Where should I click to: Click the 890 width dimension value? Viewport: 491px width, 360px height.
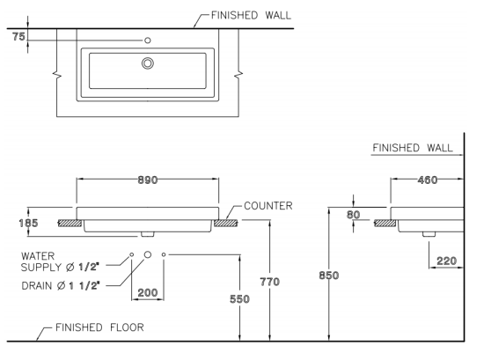click(148, 180)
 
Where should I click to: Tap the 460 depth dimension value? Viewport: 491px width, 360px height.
click(428, 180)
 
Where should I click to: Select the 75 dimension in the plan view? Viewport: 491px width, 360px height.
click(18, 37)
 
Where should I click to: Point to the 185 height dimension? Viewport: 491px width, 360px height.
click(28, 223)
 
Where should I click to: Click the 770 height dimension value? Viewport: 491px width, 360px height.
click(269, 282)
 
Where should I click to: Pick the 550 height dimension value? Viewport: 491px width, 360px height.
click(239, 299)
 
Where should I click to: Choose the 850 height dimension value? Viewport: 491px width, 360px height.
click(329, 276)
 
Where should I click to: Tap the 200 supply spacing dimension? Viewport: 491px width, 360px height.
click(148, 292)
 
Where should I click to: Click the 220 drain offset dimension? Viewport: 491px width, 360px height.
click(446, 261)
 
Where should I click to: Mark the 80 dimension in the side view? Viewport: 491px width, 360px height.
click(353, 215)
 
